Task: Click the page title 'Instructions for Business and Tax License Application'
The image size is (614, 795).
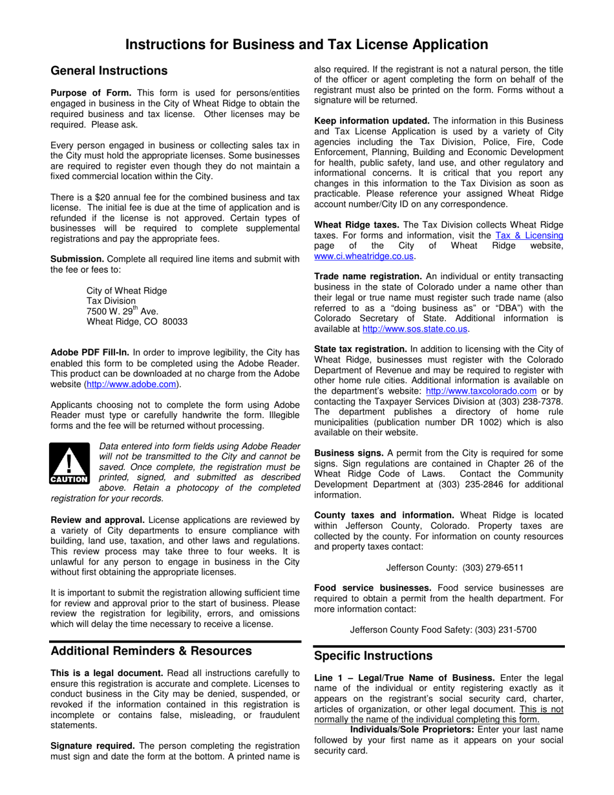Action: [x=306, y=45]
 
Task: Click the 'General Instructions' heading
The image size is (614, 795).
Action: [x=109, y=71]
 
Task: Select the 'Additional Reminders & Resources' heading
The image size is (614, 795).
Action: [x=151, y=650]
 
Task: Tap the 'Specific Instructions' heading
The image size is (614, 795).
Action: [x=373, y=656]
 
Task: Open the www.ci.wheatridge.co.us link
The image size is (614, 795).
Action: [x=364, y=256]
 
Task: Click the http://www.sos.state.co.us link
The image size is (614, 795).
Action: [x=415, y=328]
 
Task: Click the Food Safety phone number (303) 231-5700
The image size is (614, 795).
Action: [x=505, y=630]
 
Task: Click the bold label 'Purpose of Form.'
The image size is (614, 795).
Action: [x=90, y=92]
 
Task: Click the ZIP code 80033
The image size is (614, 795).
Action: [x=173, y=321]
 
